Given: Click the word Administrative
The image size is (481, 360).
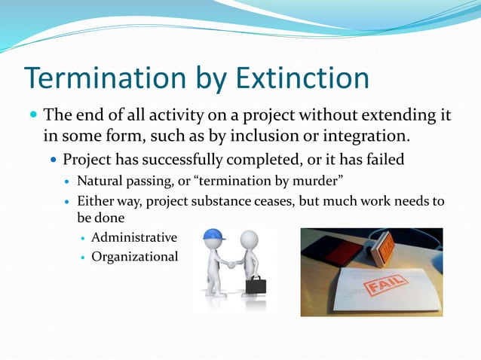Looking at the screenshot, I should (x=134, y=238).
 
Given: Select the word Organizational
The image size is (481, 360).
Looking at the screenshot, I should (x=134, y=257).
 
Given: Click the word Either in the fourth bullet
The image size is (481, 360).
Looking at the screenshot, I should (x=93, y=202).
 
